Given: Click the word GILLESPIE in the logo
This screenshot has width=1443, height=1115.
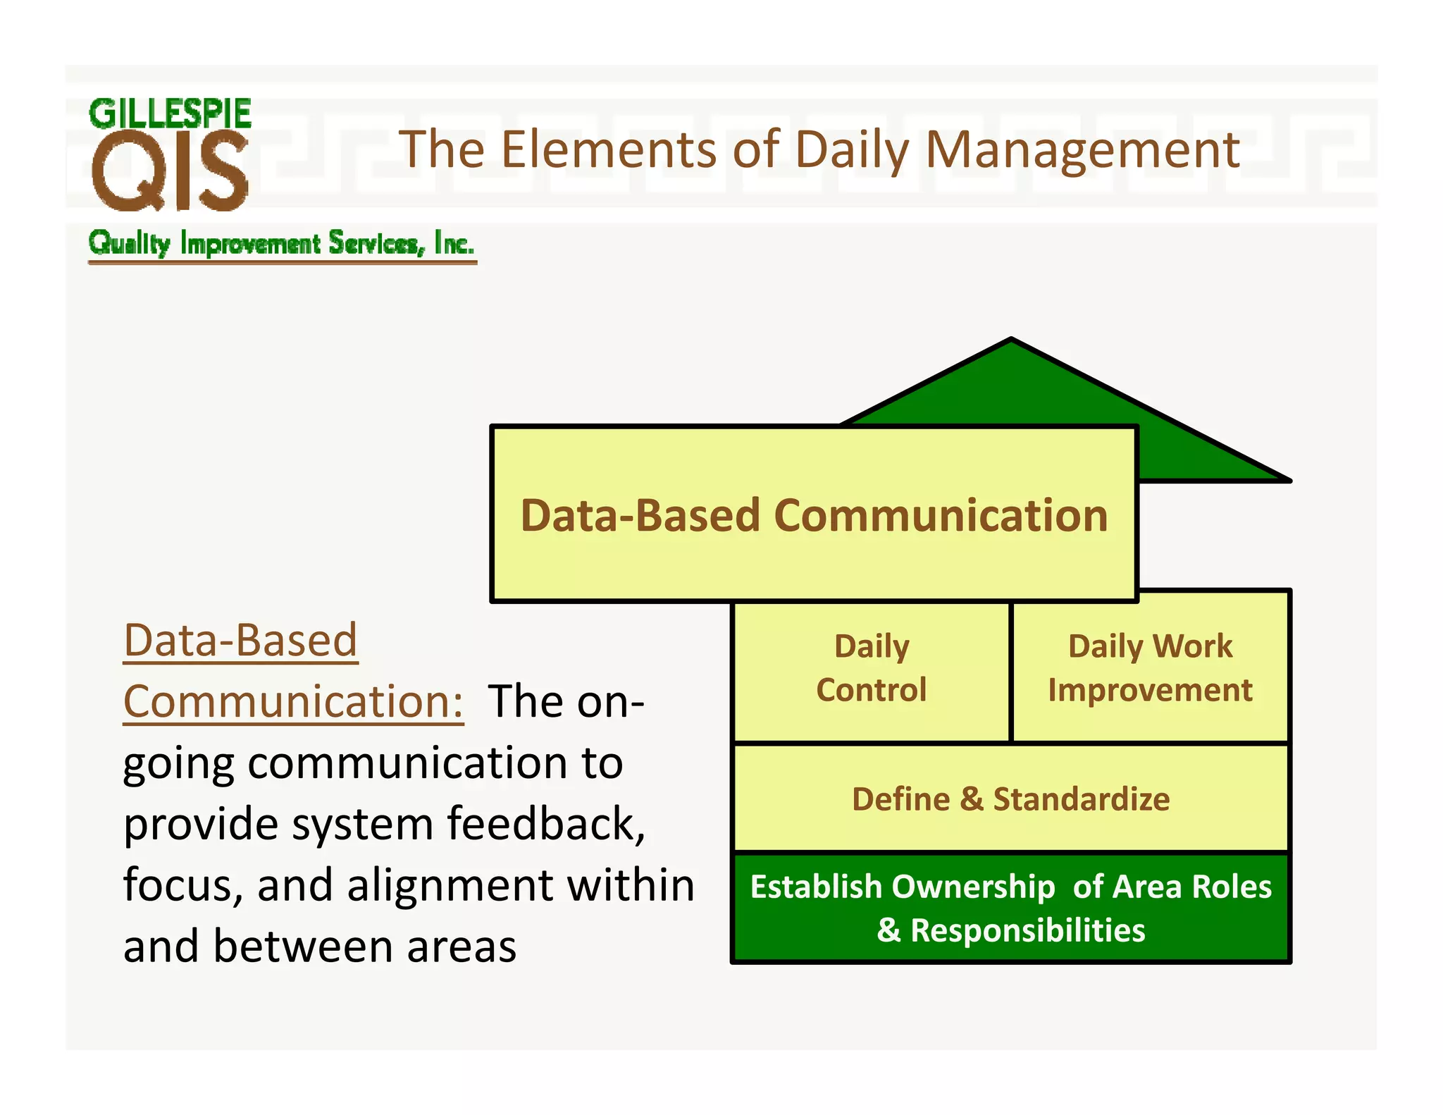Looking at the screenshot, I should [x=170, y=114].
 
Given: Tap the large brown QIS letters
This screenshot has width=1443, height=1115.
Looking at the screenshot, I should [x=170, y=171].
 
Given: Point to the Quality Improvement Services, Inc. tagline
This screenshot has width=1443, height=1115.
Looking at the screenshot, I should [x=282, y=243].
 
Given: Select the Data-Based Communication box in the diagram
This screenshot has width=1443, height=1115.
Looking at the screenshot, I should [x=814, y=515].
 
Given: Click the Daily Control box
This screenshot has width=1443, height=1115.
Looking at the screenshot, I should [x=872, y=668].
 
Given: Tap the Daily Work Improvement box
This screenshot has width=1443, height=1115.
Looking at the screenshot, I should [x=1150, y=668].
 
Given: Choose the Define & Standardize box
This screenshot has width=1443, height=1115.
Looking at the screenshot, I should [x=1011, y=799].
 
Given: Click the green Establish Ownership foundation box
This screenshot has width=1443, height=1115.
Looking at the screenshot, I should [x=1011, y=908].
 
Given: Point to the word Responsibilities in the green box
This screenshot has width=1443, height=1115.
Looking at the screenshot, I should [x=1027, y=930].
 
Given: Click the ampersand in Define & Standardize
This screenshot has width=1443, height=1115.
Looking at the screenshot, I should [x=972, y=799].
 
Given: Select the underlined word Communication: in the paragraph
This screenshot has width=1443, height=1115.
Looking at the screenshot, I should [x=293, y=702].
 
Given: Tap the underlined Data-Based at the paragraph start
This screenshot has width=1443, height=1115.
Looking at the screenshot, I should [x=240, y=641].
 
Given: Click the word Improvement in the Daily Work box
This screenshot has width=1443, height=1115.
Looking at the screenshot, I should [x=1150, y=690].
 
